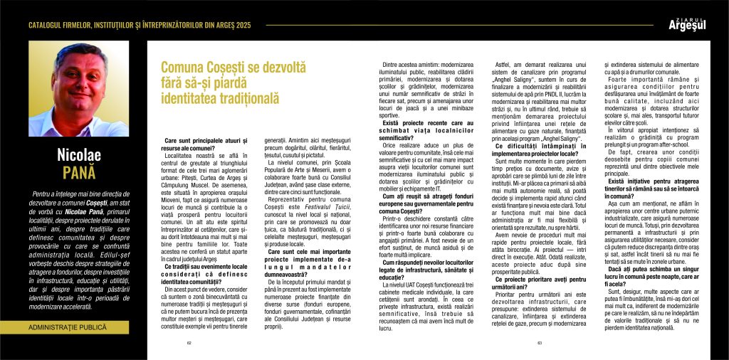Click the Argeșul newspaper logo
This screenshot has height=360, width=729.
click(x=688, y=25)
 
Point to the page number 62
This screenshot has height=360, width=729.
click(x=189, y=342)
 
